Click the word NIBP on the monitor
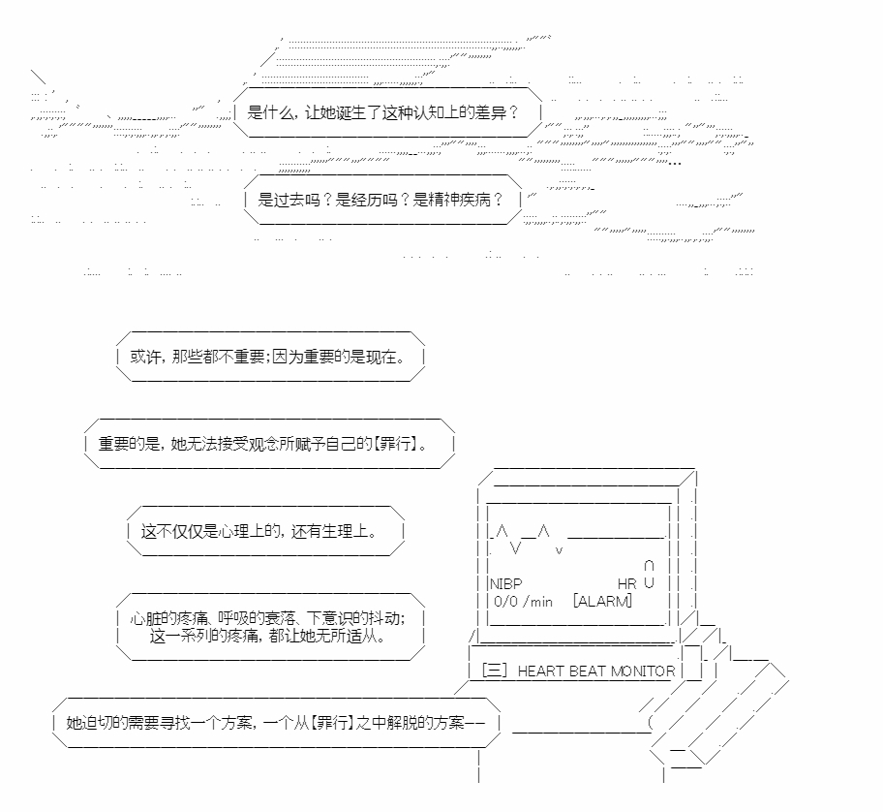[x=506, y=583]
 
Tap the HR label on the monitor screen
[x=626, y=583]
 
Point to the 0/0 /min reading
[x=523, y=601]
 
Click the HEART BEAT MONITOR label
[x=596, y=671]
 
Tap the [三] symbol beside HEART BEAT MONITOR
[x=494, y=671]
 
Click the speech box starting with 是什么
[x=383, y=111]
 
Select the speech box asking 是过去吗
[x=381, y=200]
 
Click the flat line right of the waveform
[x=617, y=536]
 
